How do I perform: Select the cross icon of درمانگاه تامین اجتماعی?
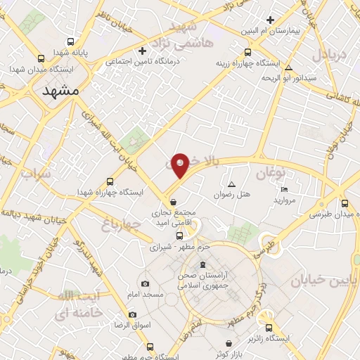[x=143, y=51]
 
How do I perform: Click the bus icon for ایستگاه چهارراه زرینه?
[x=247, y=52]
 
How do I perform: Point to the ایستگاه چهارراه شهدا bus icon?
[x=109, y=181]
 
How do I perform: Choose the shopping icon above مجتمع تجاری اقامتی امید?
[x=173, y=202]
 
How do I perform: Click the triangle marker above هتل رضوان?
[x=231, y=184]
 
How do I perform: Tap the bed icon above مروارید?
[x=284, y=189]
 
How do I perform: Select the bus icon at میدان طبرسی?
[x=344, y=202]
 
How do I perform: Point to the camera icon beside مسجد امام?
[x=145, y=284]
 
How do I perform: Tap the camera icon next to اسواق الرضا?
[x=131, y=314]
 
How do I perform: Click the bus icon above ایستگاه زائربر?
[x=268, y=327]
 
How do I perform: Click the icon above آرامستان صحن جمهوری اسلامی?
[x=202, y=264]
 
